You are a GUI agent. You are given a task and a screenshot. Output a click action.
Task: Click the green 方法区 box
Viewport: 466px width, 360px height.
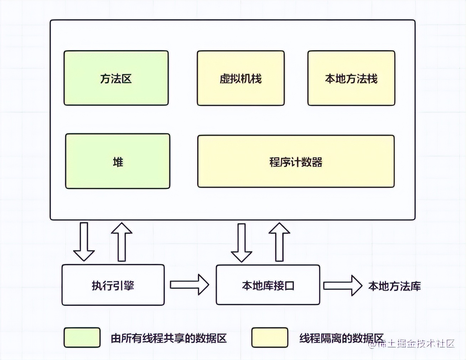(116, 78)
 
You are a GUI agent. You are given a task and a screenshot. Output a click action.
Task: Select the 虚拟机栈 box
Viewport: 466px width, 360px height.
(240, 78)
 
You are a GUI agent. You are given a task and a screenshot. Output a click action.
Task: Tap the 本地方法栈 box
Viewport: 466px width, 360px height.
(351, 78)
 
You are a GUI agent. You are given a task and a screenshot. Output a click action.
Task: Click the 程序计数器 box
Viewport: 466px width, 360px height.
(296, 161)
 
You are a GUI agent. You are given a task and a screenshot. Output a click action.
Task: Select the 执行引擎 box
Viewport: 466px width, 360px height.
(113, 285)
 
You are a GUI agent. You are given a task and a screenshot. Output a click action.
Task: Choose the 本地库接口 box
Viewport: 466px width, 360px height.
(268, 285)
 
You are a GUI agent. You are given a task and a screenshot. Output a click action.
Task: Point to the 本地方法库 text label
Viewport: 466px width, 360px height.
(394, 286)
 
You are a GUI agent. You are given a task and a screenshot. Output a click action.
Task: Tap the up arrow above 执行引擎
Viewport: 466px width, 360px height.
(121, 242)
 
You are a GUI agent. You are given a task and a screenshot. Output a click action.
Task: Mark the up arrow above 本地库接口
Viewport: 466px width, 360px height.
(279, 242)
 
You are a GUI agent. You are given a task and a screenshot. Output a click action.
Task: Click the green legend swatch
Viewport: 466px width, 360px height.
(82, 338)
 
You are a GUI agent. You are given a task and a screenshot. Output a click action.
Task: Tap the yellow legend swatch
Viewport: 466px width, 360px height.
(270, 338)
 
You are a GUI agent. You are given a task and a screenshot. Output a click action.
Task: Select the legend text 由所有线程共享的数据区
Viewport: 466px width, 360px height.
(169, 338)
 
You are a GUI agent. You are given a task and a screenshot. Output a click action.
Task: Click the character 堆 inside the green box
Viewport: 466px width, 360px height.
(118, 162)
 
